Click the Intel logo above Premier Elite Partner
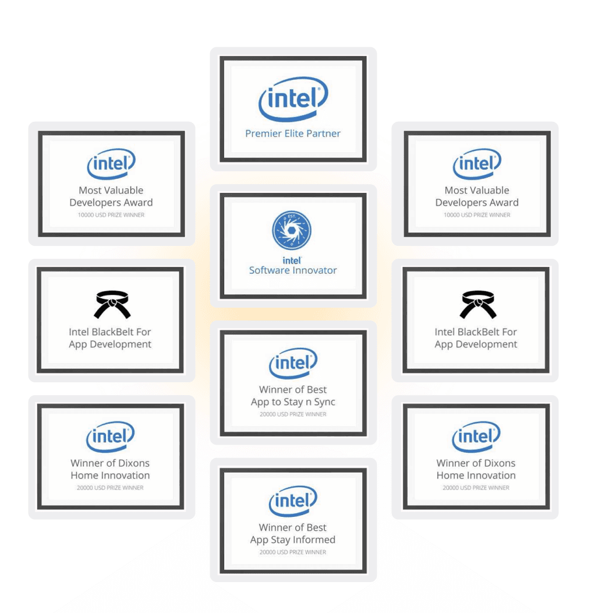(293, 99)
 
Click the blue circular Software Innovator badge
(292, 231)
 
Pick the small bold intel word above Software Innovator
(292, 261)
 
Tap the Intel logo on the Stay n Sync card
(293, 364)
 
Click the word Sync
(323, 402)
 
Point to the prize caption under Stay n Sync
(293, 415)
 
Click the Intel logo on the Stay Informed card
(293, 501)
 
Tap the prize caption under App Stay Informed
(293, 552)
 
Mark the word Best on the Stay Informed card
(317, 527)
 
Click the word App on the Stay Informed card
(259, 540)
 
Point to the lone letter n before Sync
(307, 403)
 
